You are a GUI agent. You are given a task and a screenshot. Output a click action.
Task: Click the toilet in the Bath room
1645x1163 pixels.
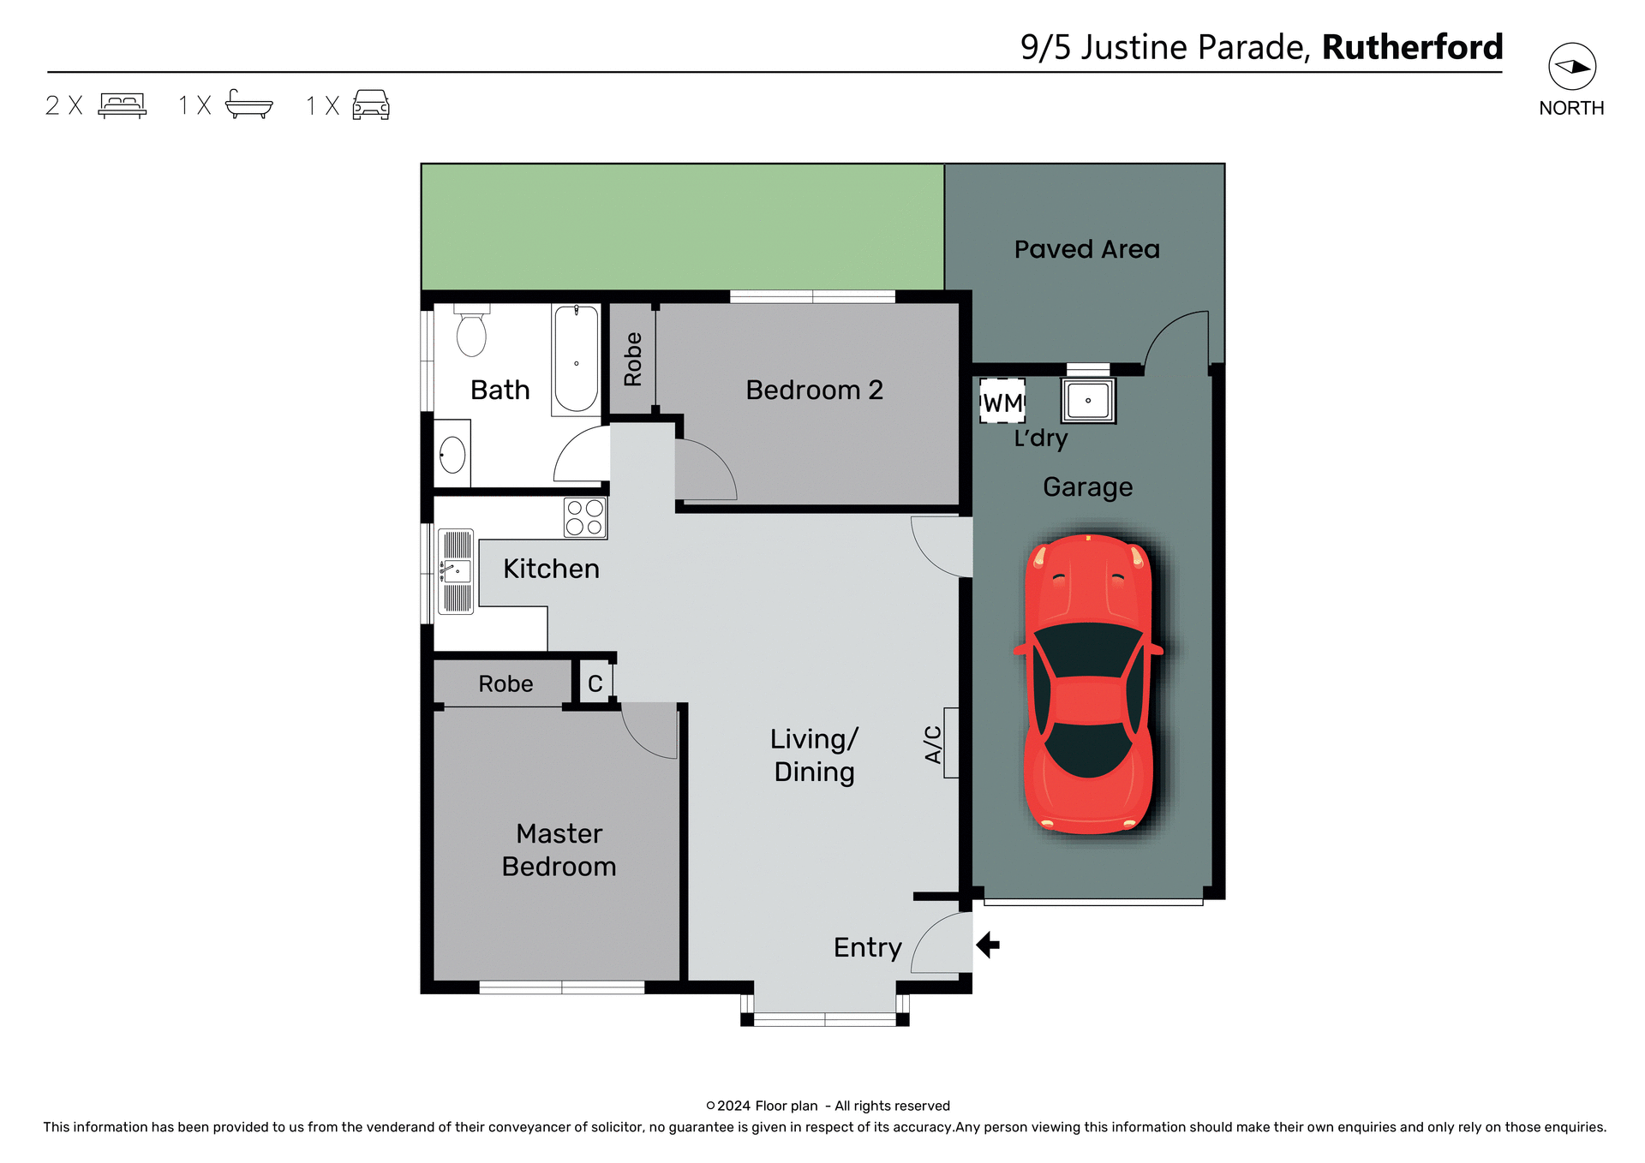pyautogui.click(x=471, y=331)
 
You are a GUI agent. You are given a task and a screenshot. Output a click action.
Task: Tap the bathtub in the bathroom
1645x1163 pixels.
pyautogui.click(x=576, y=360)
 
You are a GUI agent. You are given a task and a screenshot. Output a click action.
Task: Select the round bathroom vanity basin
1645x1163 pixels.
pyautogui.click(x=452, y=455)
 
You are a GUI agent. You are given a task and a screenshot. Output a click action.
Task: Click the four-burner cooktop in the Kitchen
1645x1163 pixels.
pyautogui.click(x=585, y=517)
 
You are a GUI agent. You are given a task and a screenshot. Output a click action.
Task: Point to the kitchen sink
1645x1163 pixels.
pyautogui.click(x=456, y=571)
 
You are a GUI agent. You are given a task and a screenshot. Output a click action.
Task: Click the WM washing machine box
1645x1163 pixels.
pyautogui.click(x=1002, y=401)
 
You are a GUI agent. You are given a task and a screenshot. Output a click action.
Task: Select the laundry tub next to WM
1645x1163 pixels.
pyautogui.click(x=1088, y=400)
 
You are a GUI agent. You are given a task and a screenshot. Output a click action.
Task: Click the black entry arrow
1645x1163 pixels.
pyautogui.click(x=988, y=945)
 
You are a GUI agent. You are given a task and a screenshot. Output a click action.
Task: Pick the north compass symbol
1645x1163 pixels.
pyautogui.click(x=1571, y=67)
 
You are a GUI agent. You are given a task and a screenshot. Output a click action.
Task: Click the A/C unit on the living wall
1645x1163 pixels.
pyautogui.click(x=950, y=743)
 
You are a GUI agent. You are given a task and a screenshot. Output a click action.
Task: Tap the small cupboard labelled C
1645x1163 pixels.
pyautogui.click(x=595, y=683)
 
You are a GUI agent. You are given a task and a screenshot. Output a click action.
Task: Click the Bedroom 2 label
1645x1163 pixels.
pyautogui.click(x=814, y=391)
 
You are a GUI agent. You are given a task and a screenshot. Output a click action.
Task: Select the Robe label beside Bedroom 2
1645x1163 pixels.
pyautogui.click(x=633, y=360)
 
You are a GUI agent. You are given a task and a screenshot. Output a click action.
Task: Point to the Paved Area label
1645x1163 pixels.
pyautogui.click(x=1086, y=249)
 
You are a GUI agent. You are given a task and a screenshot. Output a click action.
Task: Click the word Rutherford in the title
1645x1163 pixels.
pyautogui.click(x=1412, y=47)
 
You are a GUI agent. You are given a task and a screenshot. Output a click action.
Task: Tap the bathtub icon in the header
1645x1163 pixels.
pyautogui.click(x=248, y=104)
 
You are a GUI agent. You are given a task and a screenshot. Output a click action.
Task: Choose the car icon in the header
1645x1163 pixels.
pyautogui.click(x=371, y=104)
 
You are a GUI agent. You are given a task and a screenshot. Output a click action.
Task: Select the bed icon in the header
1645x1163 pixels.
pyautogui.click(x=123, y=104)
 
